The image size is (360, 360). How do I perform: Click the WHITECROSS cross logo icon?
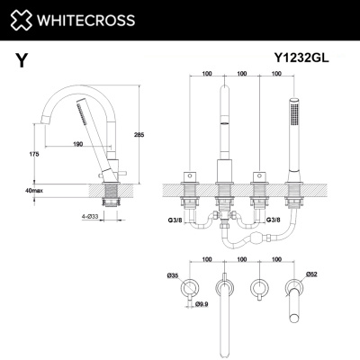pyautogui.click(x=21, y=20)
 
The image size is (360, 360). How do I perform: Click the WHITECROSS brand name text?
pyautogui.click(x=85, y=21)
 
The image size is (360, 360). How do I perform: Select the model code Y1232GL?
pyautogui.click(x=301, y=58)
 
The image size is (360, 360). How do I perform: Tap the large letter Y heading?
pyautogui.click(x=22, y=60)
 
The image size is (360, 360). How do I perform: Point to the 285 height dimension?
pyautogui.click(x=139, y=135)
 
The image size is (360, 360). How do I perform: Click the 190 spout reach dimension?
pyautogui.click(x=77, y=144)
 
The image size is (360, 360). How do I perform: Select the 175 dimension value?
pyautogui.click(x=34, y=154)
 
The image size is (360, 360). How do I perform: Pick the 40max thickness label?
pyautogui.click(x=34, y=190)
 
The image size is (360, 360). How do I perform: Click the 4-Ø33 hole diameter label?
pyautogui.click(x=90, y=216)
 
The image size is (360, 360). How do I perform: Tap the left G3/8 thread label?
pyautogui.click(x=175, y=220)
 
